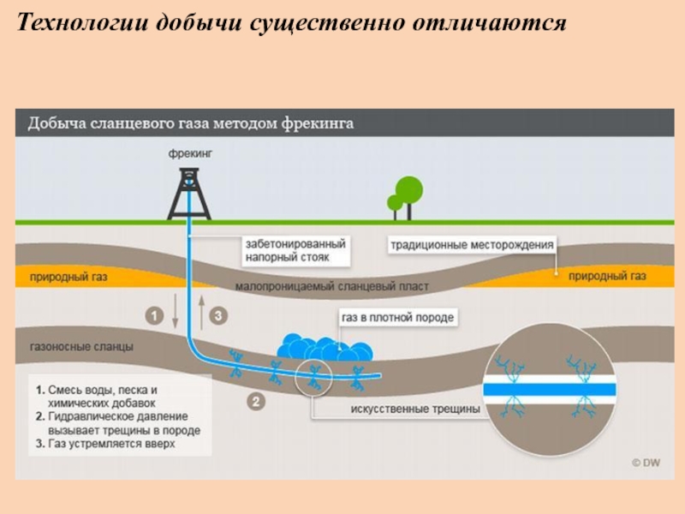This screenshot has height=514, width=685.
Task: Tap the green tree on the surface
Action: pyautogui.click(x=406, y=195)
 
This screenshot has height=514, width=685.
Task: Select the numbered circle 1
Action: pyautogui.click(x=154, y=316)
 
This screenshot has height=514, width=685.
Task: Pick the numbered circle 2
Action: pyautogui.click(x=255, y=399)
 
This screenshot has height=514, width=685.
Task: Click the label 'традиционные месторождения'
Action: pyautogui.click(x=472, y=245)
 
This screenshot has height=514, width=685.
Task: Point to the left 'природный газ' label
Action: pyautogui.click(x=68, y=278)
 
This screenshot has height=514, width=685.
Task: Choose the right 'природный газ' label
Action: pyautogui.click(x=606, y=277)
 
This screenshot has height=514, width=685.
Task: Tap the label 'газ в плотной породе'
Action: pyautogui.click(x=397, y=318)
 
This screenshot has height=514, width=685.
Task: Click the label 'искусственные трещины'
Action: pyautogui.click(x=414, y=409)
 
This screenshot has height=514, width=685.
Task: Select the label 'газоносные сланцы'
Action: pyautogui.click(x=81, y=347)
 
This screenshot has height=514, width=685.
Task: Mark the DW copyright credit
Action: pyautogui.click(x=646, y=463)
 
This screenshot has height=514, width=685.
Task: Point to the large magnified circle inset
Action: pyautogui.click(x=550, y=390)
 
